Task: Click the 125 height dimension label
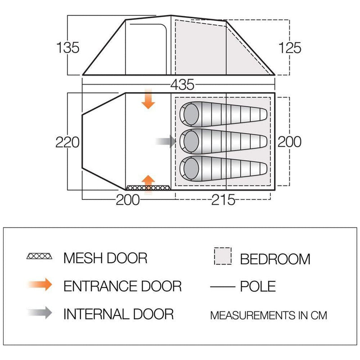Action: [290, 47]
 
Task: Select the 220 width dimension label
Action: [67, 142]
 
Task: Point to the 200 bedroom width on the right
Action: [289, 142]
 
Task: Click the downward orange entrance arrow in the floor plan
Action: [148, 99]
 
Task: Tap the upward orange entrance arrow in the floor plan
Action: [148, 183]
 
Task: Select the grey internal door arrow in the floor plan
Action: [166, 141]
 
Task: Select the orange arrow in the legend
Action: [40, 285]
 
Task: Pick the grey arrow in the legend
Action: [40, 313]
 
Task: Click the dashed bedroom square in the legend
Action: [222, 256]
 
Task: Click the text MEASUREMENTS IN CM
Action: [269, 315]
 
